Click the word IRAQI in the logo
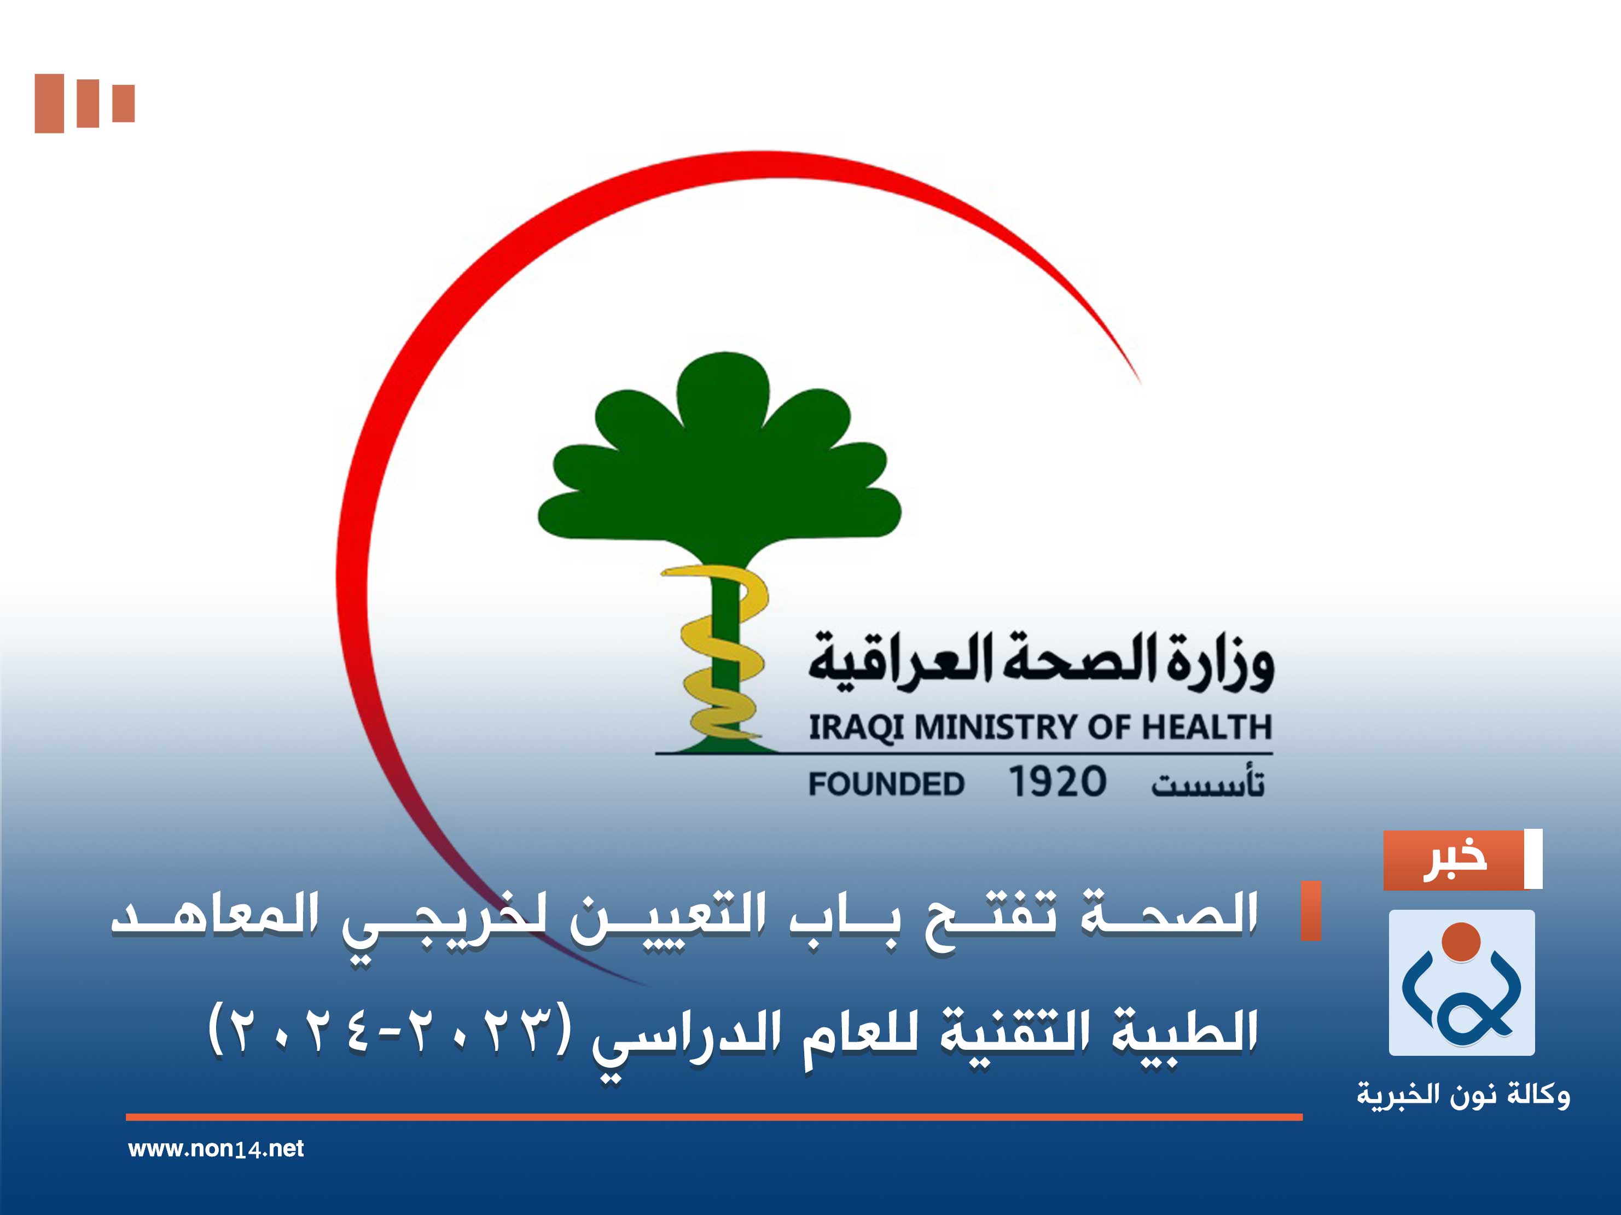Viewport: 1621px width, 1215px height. click(x=857, y=728)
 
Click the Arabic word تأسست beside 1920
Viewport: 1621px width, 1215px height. click(x=1208, y=783)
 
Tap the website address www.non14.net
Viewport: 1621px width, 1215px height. click(x=216, y=1149)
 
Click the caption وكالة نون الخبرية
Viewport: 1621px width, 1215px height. click(x=1463, y=1095)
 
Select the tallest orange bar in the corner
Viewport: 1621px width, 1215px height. click(x=49, y=103)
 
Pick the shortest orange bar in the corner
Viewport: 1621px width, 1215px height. click(x=124, y=103)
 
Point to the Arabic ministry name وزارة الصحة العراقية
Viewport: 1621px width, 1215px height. click(x=1041, y=662)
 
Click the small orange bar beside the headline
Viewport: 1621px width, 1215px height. click(x=1310, y=911)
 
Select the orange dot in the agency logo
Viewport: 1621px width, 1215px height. click(x=1461, y=941)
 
